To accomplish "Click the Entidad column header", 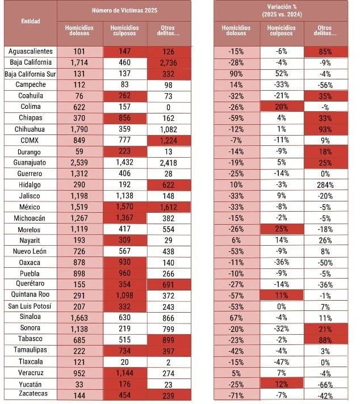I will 30,21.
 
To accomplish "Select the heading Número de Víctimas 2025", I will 125,11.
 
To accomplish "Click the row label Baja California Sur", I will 31,74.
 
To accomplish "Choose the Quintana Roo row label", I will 31,295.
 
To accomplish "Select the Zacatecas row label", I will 31,394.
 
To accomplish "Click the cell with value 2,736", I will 169,62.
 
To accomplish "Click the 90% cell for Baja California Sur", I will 236,74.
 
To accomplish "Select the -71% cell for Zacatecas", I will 236,394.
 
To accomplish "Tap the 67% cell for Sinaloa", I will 236,317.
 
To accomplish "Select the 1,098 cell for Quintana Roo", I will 125,295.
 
